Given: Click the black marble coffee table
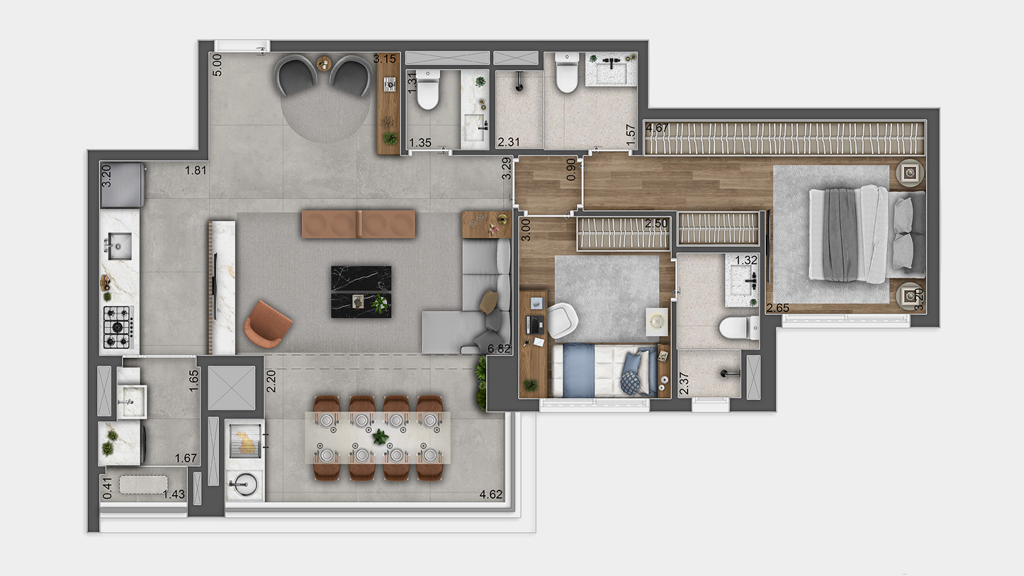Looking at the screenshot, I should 361,291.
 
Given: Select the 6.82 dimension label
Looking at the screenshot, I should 499,349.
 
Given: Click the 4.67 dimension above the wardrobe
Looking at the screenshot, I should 656,128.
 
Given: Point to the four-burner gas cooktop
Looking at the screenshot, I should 118,326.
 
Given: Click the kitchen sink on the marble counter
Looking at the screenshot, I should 118,246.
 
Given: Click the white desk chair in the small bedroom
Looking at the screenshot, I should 563,320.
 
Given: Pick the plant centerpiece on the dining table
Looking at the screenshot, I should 379,436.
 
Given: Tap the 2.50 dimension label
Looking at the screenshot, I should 656,224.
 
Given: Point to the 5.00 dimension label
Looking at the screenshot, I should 218,65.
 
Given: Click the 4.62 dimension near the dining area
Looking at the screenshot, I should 491,495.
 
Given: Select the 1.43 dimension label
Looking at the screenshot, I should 173,494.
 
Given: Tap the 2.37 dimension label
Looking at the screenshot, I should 684,383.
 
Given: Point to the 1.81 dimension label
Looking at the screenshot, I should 196,170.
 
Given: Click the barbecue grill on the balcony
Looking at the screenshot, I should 244,440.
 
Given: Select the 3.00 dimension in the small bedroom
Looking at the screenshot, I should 526,229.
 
